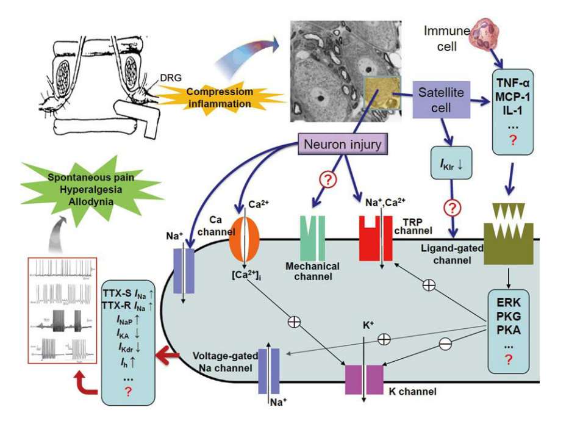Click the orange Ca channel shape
point(244,238)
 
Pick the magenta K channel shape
point(365,378)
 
